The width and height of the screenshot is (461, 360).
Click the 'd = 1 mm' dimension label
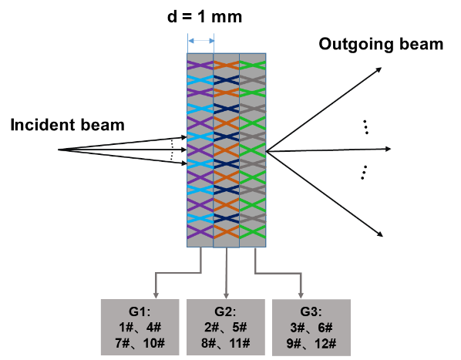204,16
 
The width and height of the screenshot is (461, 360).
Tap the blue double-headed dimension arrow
201,41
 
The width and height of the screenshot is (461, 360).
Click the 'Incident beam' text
67,125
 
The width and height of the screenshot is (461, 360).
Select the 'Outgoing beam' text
381,45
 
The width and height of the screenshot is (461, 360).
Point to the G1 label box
140,327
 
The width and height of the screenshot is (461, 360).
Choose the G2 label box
226,327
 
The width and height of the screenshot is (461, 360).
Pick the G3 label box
311,327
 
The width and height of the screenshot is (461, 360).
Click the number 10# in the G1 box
154,343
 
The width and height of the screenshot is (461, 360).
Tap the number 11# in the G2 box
240,343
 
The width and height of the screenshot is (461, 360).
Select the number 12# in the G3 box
325,343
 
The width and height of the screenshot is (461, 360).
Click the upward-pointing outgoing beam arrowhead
379,69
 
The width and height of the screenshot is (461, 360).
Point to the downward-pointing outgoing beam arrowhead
380,234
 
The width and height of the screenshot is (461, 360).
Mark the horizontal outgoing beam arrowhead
388,149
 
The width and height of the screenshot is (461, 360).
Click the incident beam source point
59,150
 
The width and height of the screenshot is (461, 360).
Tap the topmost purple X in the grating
200,66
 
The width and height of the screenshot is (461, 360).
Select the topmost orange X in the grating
227,66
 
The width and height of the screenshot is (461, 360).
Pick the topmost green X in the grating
253,66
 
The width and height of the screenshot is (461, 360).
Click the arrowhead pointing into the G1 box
156,295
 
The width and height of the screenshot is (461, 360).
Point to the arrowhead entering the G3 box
301,295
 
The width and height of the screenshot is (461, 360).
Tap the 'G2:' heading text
225,311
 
